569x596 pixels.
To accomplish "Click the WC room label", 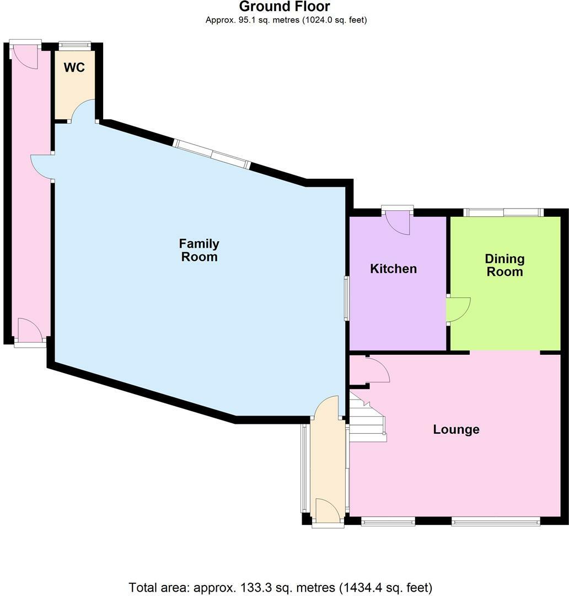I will click(74, 67).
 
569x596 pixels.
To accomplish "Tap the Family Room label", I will click(199, 250).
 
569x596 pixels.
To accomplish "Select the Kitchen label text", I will click(393, 269).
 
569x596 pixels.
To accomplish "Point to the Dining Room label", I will click(504, 265).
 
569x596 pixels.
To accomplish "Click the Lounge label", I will click(456, 429).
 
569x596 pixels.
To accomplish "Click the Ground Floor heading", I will click(284, 7).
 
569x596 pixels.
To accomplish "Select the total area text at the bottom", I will click(280, 587).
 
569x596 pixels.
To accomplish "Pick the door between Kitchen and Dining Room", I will click(458, 309).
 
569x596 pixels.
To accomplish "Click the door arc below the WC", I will click(83, 110).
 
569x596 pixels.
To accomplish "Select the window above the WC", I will click(75, 45).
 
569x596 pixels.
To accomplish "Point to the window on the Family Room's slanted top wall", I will click(212, 153).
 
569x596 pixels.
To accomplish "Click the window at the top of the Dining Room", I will click(503, 212).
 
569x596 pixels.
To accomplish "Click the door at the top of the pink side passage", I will click(25, 55).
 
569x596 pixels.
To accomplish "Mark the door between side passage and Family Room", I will click(42, 166).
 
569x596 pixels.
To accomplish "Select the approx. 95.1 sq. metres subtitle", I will click(286, 20).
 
